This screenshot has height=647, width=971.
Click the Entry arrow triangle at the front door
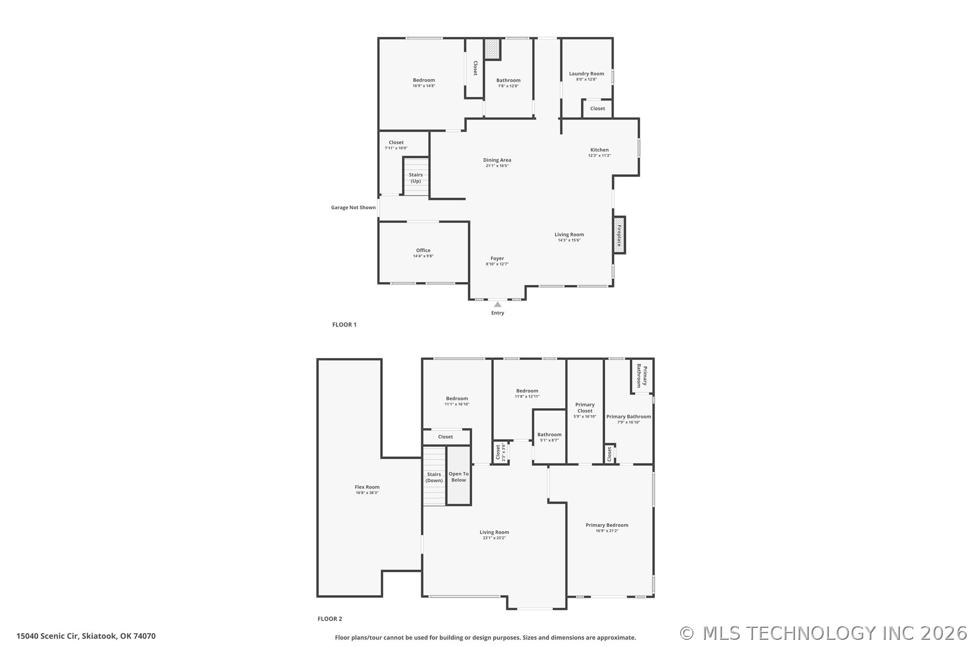(x=497, y=304)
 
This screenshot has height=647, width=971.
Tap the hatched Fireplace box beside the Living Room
(x=619, y=235)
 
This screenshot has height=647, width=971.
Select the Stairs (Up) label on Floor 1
(x=416, y=178)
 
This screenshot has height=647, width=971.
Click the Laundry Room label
(x=586, y=74)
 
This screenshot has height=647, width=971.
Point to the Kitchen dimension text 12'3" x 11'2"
(x=599, y=155)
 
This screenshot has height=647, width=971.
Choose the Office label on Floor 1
(x=423, y=250)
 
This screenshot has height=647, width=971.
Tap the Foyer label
(x=497, y=258)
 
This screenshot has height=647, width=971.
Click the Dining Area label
(x=497, y=160)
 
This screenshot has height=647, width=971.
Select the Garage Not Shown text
(x=353, y=207)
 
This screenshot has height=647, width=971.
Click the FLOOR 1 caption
(x=344, y=325)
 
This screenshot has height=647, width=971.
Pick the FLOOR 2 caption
(x=330, y=619)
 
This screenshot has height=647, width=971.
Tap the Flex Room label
(x=367, y=487)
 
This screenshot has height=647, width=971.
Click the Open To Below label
(x=458, y=477)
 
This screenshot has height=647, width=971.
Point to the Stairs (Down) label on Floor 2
(x=434, y=477)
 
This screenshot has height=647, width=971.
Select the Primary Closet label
(x=585, y=408)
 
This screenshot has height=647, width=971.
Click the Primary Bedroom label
(x=607, y=525)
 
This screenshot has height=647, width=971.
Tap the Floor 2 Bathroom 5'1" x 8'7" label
(x=549, y=435)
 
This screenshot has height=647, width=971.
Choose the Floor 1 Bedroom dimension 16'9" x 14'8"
(x=424, y=86)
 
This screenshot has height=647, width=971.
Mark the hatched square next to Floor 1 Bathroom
(x=492, y=49)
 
